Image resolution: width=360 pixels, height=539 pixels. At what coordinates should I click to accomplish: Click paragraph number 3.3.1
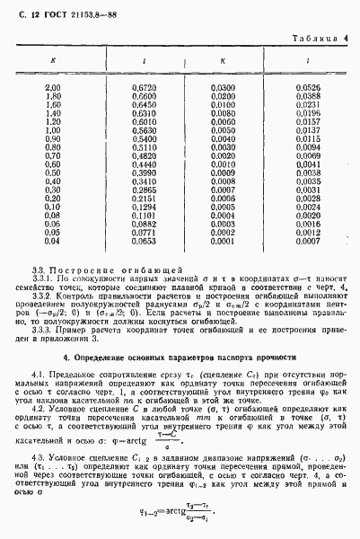click(41, 281)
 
